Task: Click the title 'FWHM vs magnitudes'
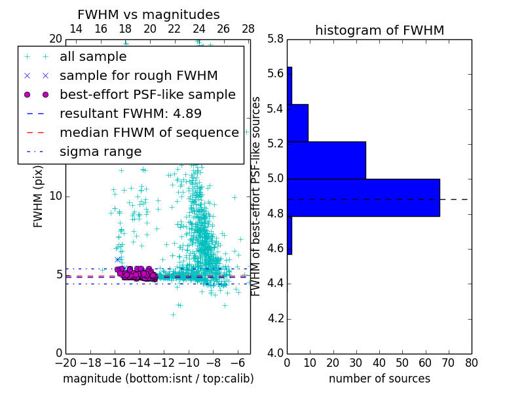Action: click(149, 14)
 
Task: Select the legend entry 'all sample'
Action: click(93, 57)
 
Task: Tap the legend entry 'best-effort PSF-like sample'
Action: click(147, 94)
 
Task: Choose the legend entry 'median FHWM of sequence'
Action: click(149, 132)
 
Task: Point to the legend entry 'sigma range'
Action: click(100, 151)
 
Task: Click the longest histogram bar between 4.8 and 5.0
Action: click(364, 197)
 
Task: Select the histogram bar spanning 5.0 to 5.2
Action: click(326, 160)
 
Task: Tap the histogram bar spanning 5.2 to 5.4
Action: click(297, 122)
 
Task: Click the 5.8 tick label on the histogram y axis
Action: click(275, 39)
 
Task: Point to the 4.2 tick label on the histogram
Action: click(275, 319)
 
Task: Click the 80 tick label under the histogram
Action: click(471, 362)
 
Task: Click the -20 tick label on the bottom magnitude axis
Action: click(65, 362)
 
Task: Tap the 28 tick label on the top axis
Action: click(248, 29)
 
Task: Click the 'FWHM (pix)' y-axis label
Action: click(39, 196)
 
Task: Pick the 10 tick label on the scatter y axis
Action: click(55, 196)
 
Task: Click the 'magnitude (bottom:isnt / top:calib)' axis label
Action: click(158, 379)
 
